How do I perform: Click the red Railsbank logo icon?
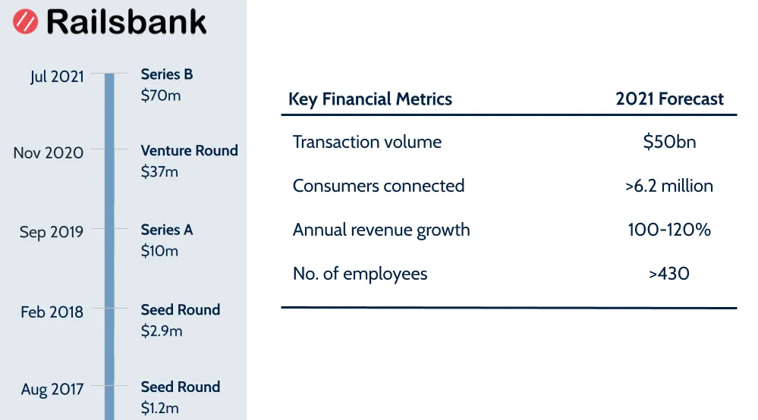(25, 21)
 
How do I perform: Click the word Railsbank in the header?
(126, 21)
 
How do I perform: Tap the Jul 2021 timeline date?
(57, 77)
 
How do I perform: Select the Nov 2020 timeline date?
(49, 152)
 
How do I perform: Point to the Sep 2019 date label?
(52, 232)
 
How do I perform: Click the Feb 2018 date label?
(52, 312)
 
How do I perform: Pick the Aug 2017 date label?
(52, 390)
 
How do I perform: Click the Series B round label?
(167, 74)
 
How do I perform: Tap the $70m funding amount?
(161, 96)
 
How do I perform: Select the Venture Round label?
(190, 150)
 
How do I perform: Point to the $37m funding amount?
(160, 172)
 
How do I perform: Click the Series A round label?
(167, 230)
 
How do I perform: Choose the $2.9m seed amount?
(162, 331)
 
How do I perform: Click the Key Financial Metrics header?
(370, 99)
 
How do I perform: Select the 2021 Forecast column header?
(670, 99)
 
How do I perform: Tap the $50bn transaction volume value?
(669, 143)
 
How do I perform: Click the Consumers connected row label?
(379, 186)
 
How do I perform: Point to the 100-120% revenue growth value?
(669, 230)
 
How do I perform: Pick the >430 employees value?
(669, 274)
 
